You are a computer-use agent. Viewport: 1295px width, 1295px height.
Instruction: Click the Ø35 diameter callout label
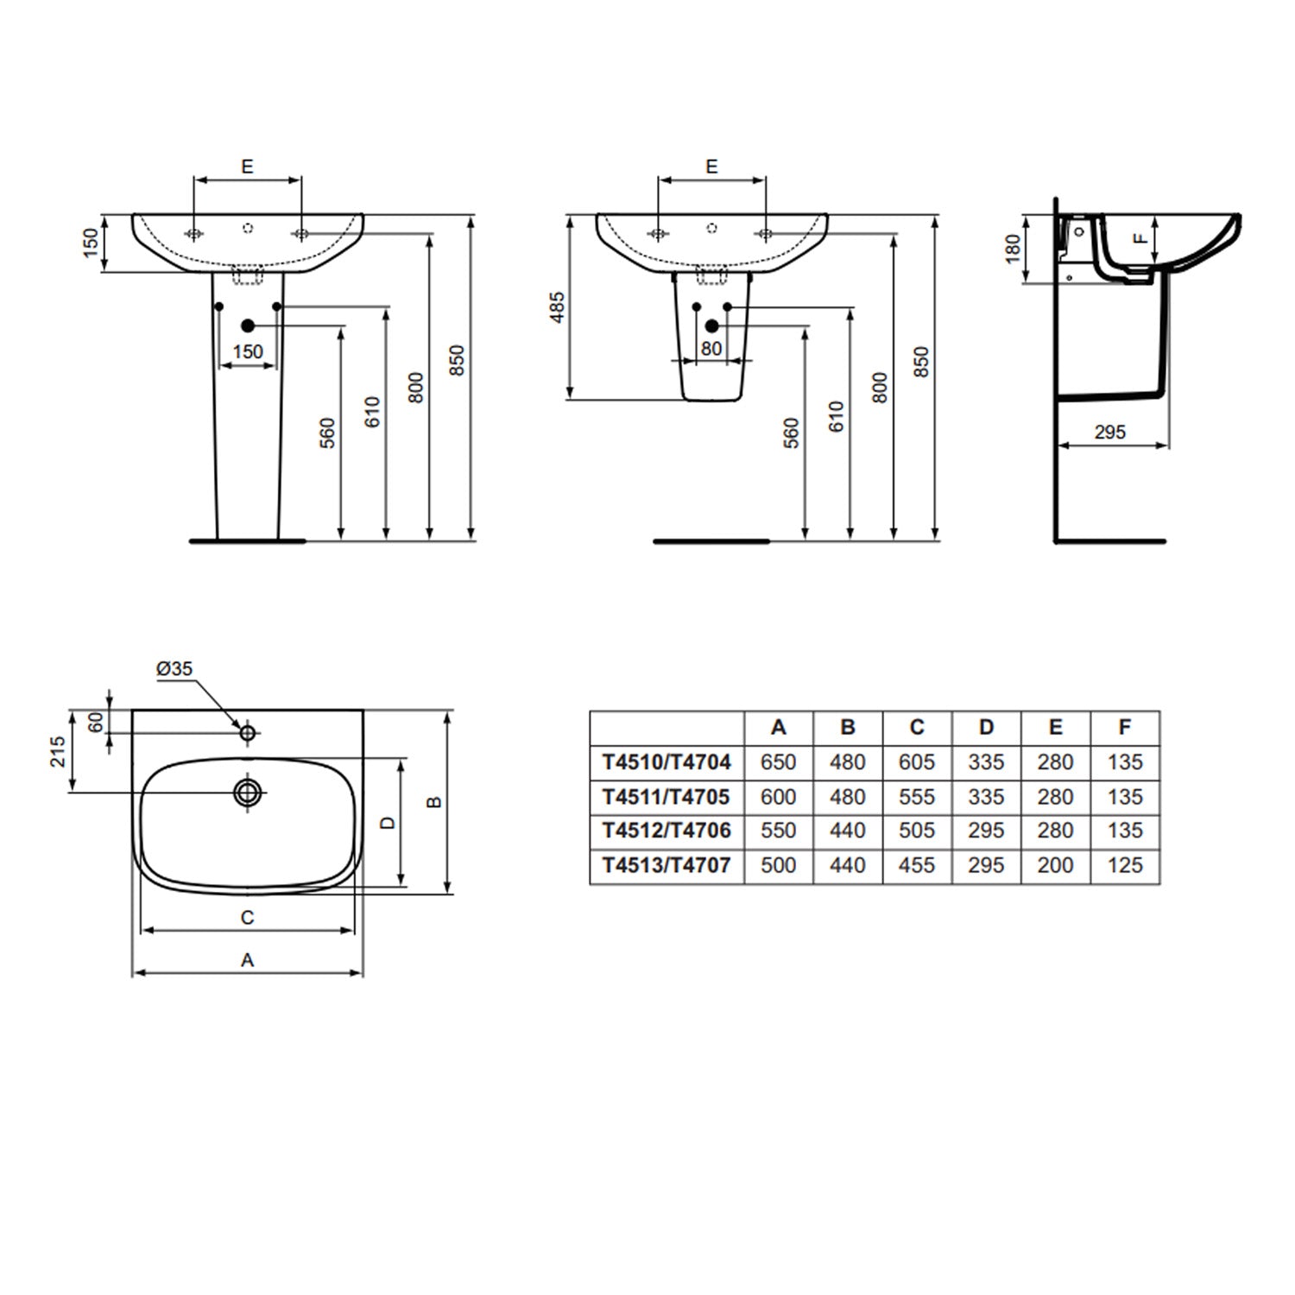174,669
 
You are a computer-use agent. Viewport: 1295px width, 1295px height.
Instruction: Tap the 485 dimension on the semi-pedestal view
558,308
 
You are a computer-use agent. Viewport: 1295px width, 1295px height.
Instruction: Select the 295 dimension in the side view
1110,432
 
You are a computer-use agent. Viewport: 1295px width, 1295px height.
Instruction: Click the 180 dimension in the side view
1014,249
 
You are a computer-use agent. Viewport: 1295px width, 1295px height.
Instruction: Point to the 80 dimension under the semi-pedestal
711,349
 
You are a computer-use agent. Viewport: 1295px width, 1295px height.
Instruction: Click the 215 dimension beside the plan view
57,752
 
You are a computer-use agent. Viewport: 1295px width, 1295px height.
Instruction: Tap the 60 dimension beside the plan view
97,722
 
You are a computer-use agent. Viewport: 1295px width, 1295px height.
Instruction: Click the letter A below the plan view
247,960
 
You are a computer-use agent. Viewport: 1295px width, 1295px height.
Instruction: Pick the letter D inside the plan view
388,823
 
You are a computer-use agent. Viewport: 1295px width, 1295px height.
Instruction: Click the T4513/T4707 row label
666,865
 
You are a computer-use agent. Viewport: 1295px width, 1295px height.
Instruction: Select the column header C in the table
917,728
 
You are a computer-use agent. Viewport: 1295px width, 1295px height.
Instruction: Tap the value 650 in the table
778,762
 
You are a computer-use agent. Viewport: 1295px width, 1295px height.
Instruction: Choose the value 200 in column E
1055,865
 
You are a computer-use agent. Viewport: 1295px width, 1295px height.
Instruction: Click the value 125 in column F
1124,865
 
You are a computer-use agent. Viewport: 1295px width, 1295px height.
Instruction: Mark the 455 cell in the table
917,865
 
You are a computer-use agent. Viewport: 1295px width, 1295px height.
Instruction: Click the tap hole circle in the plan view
248,733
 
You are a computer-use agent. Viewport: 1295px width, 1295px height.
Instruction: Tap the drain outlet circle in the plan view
248,792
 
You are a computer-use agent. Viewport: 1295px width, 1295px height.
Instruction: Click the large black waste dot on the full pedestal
248,325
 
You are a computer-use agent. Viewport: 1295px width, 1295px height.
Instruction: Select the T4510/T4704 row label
666,762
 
